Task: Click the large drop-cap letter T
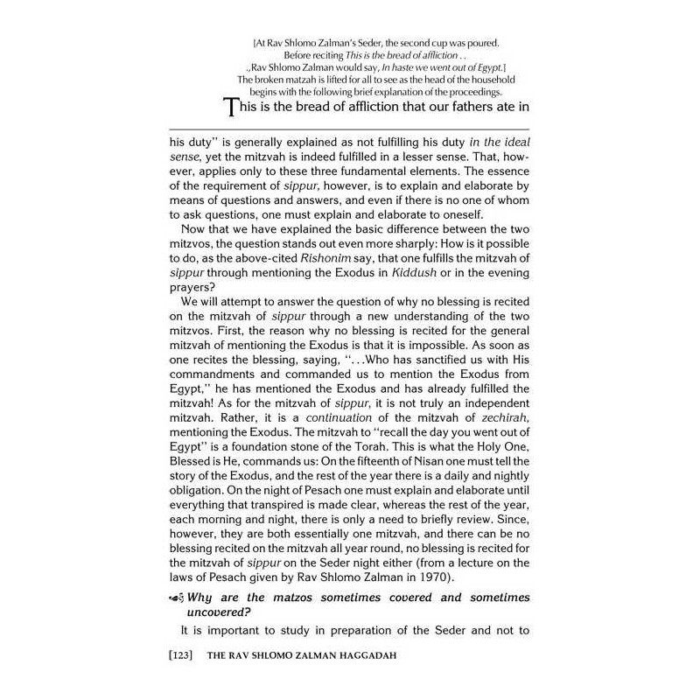[232, 108]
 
